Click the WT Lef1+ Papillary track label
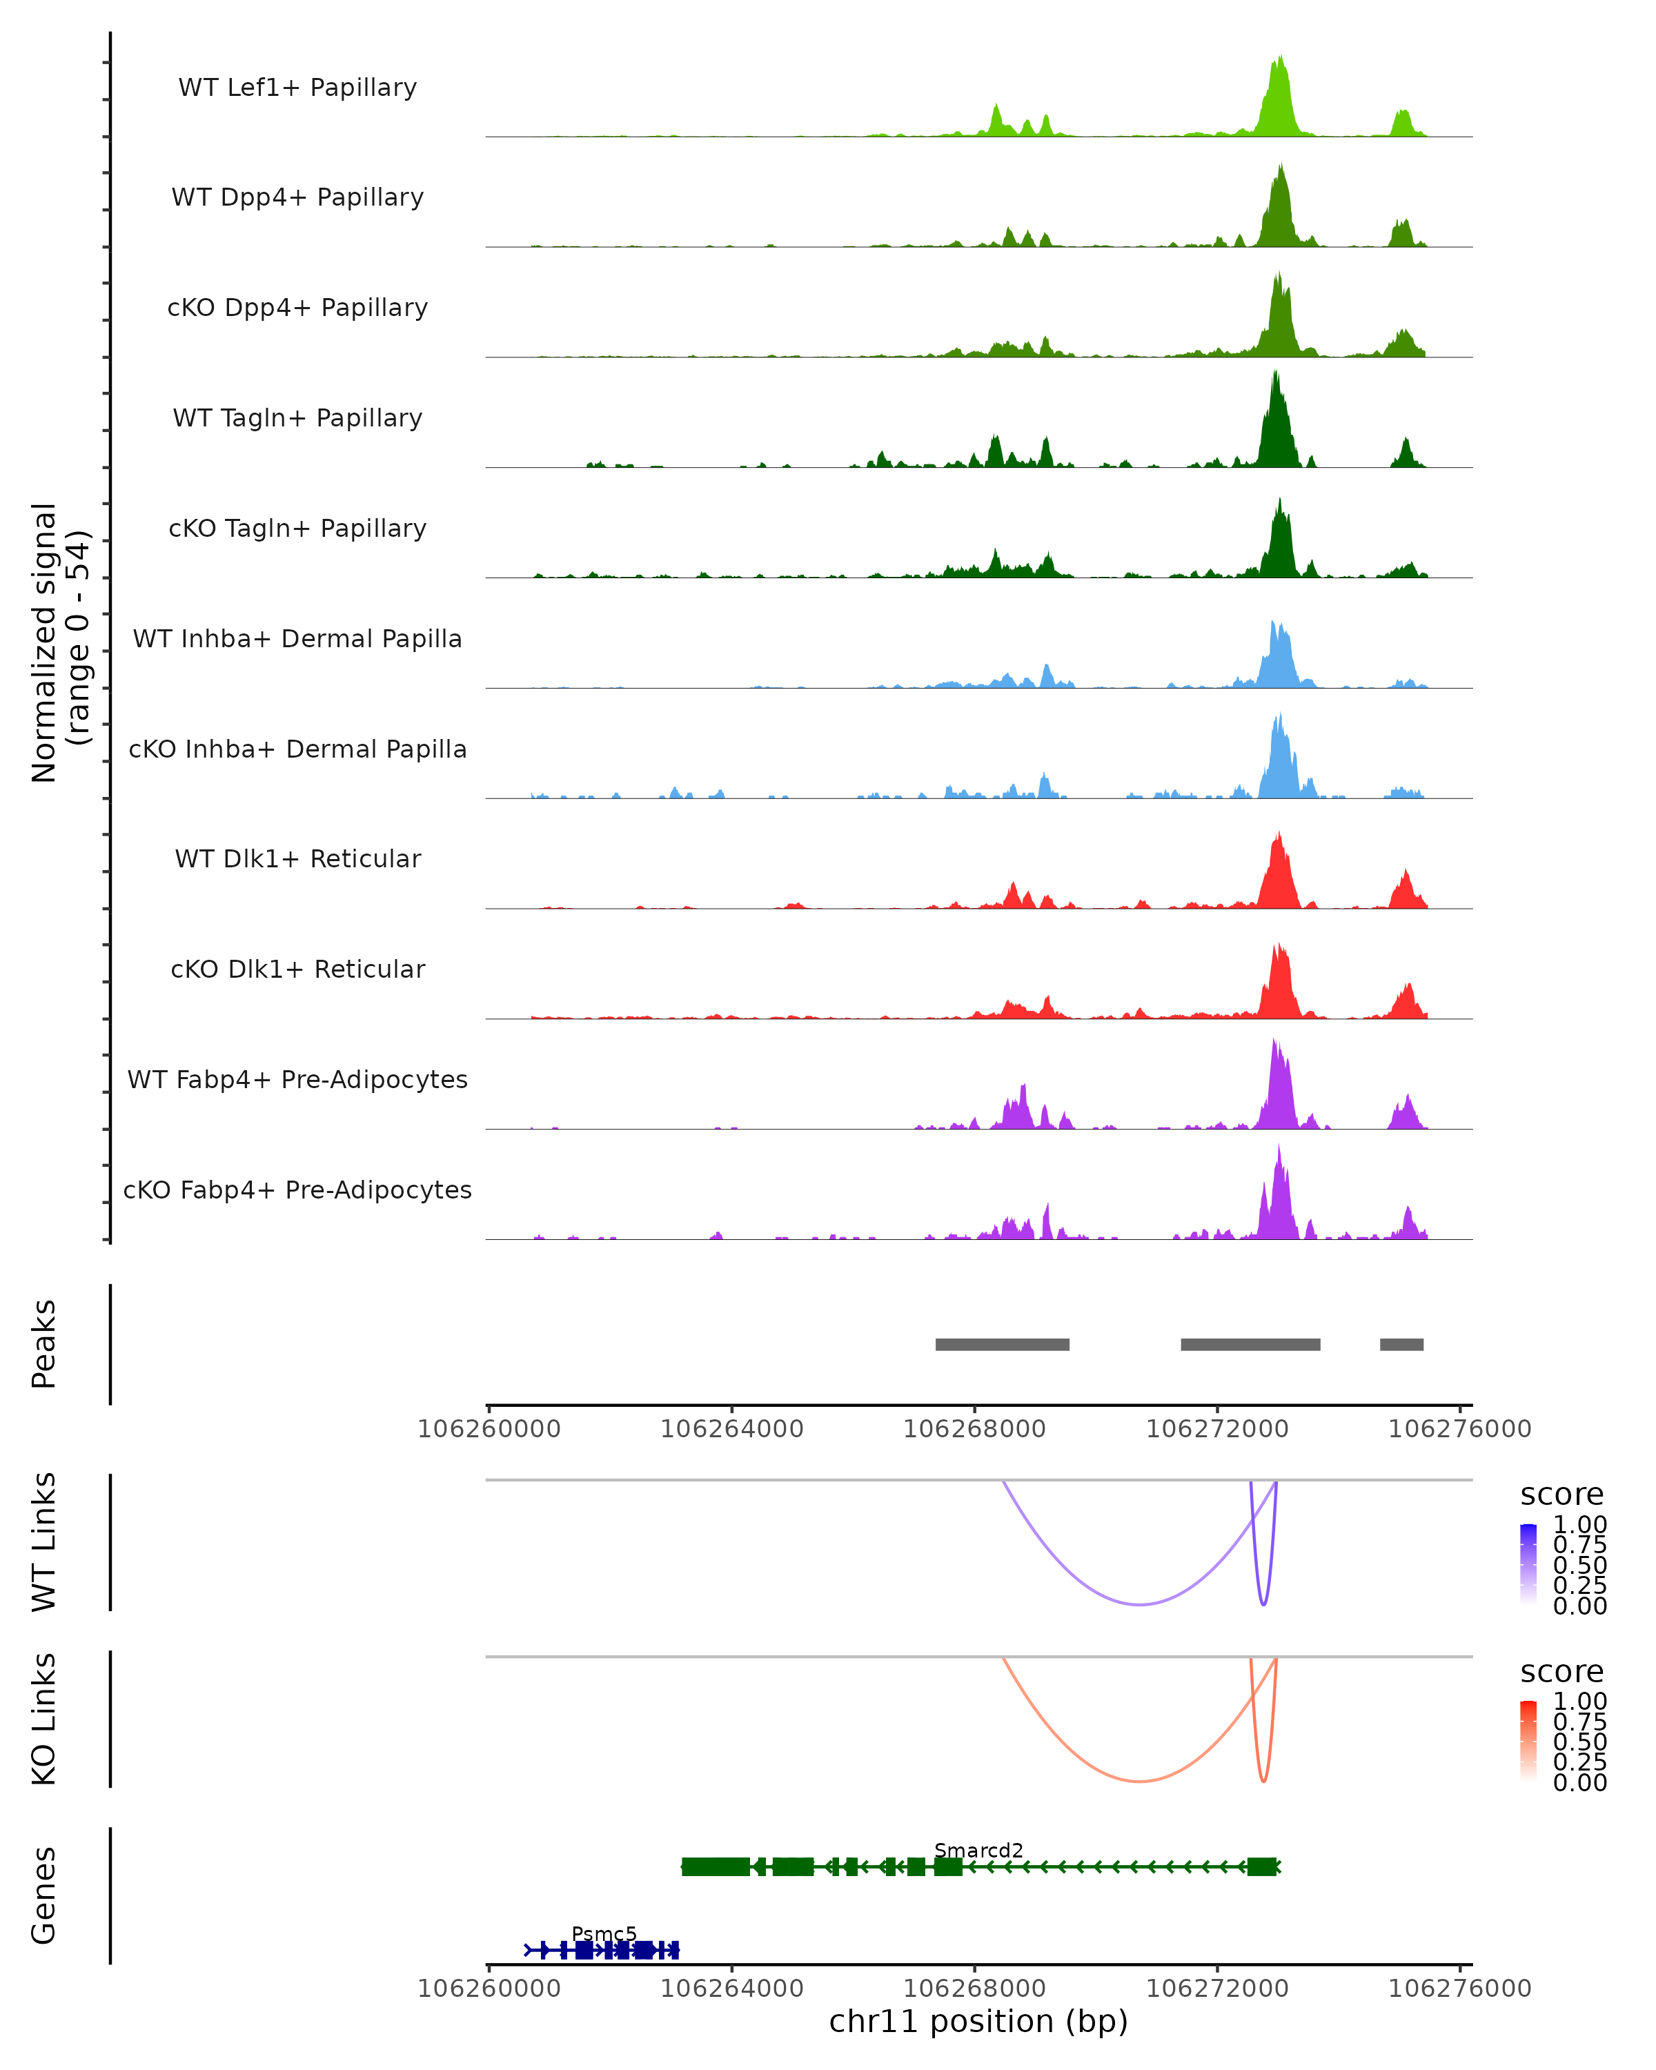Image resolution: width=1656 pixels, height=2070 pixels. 297,88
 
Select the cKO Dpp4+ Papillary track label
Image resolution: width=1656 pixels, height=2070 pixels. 297,308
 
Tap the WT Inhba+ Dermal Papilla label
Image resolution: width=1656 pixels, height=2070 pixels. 297,640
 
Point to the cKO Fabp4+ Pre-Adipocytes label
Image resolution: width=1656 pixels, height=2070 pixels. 297,1190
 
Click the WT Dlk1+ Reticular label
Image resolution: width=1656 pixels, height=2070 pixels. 297,859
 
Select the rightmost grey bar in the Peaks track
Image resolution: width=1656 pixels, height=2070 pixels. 1401,1345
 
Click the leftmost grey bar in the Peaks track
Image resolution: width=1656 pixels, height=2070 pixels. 1003,1345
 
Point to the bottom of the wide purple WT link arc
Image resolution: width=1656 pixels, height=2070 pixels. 1139,1604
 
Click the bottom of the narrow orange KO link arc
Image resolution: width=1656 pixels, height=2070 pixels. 1263,1781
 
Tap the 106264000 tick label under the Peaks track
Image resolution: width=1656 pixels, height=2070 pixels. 731,1430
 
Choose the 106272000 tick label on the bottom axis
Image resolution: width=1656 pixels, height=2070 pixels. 1217,1989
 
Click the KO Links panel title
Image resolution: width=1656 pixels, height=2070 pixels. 44,1719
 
